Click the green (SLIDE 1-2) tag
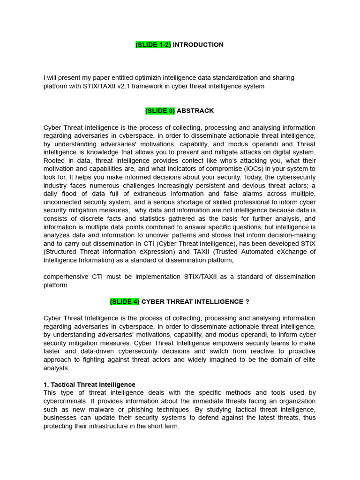153,45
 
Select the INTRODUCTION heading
198,45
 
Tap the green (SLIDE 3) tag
160,111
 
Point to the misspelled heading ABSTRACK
195,111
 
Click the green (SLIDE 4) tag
125,302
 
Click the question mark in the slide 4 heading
247,302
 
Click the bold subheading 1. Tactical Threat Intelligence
90,385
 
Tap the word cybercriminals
65,401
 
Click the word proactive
300,352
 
